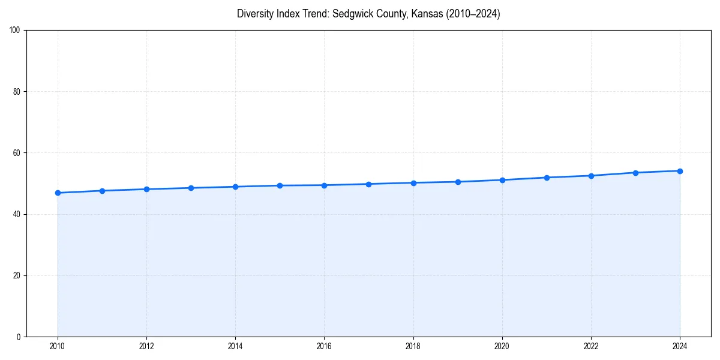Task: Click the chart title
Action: (x=368, y=14)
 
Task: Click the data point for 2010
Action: (x=58, y=193)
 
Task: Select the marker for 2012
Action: (x=146, y=189)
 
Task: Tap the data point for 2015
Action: (x=280, y=185)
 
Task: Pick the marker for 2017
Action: (x=368, y=184)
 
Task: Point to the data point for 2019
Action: (x=458, y=182)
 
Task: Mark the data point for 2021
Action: (x=547, y=178)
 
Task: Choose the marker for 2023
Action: (x=635, y=173)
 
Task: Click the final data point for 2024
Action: (x=680, y=171)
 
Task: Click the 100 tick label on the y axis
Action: (x=16, y=30)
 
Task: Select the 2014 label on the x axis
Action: (x=235, y=347)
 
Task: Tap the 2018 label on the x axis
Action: (x=413, y=347)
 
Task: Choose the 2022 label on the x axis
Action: (x=591, y=347)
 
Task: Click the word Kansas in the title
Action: (x=428, y=14)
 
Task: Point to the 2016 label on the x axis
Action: (x=324, y=347)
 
